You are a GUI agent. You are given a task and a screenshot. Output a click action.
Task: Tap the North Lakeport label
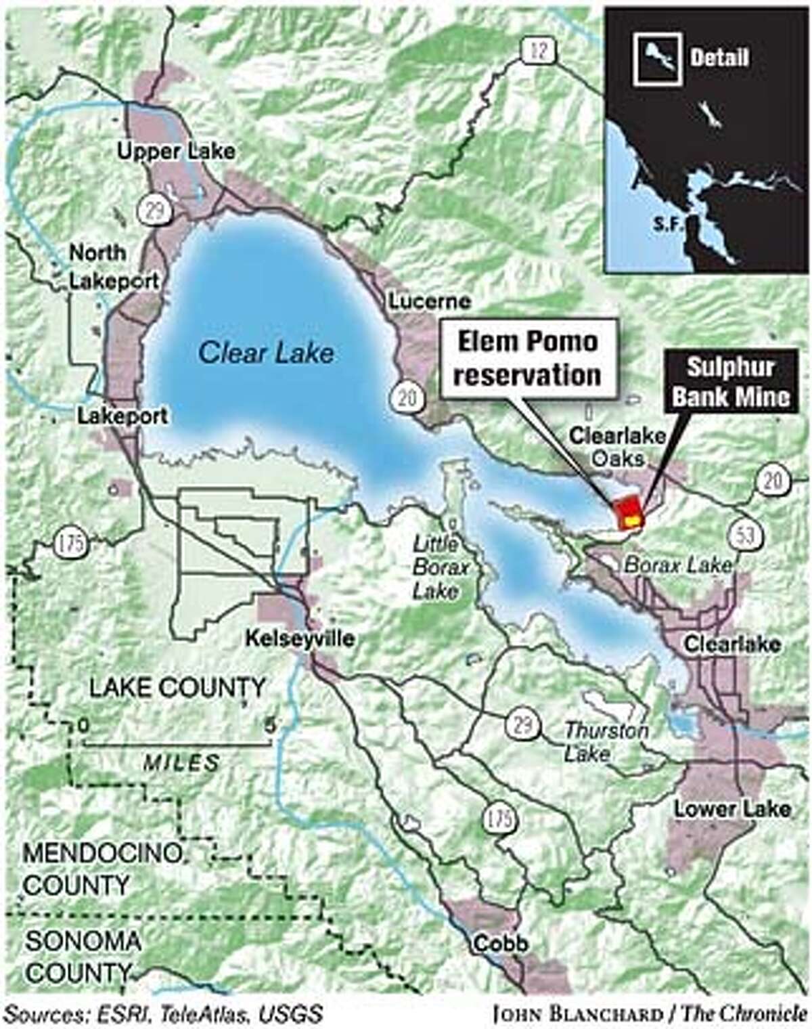click(113, 267)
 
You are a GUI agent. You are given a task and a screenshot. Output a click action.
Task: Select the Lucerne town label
click(429, 301)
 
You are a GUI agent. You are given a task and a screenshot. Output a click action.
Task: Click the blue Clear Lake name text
click(267, 353)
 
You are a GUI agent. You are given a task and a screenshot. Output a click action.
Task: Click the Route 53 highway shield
click(747, 535)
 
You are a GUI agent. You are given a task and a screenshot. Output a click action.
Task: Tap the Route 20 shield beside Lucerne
click(409, 397)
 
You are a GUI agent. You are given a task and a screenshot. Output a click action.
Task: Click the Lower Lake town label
click(731, 808)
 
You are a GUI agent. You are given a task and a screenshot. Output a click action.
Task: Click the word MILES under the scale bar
click(181, 764)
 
